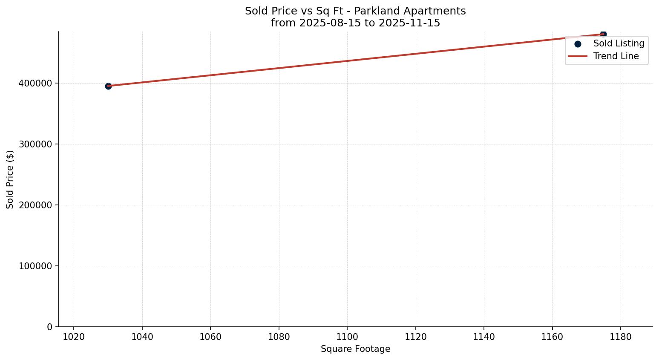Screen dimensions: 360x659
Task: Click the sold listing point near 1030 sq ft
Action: [108, 86]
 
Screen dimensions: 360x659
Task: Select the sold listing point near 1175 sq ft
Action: [603, 34]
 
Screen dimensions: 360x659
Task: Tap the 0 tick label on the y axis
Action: [50, 327]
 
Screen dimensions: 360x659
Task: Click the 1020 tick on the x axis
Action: [74, 337]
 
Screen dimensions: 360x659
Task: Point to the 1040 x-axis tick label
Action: [142, 337]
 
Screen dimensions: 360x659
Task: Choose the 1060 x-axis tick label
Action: [210, 337]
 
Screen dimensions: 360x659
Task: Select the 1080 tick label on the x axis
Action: [279, 337]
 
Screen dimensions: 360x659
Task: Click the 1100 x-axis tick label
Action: [347, 337]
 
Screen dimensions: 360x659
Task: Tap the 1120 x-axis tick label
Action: [416, 337]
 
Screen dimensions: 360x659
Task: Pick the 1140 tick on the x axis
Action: [484, 337]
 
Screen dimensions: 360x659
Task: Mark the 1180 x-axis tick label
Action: [621, 337]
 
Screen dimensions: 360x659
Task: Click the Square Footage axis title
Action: [355, 349]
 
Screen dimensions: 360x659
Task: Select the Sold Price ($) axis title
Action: [10, 179]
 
